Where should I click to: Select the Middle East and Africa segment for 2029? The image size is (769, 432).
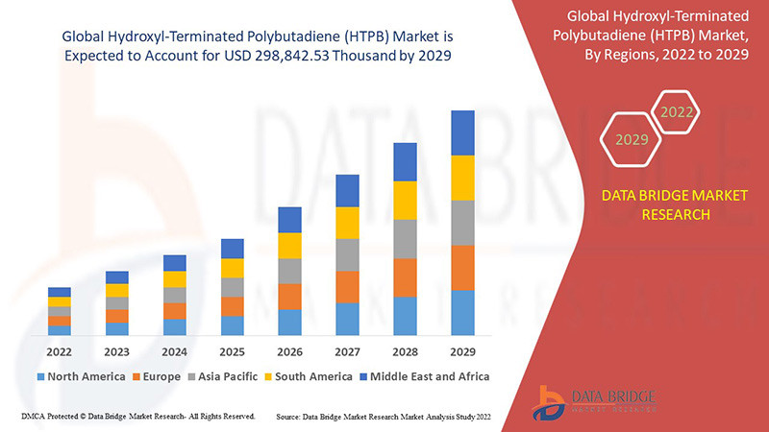[462, 132]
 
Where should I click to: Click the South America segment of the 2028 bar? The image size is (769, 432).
[405, 200]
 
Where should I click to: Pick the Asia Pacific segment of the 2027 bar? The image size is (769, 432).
[347, 254]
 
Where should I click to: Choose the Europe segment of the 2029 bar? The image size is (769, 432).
[462, 268]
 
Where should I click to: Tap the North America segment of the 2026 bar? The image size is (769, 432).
[289, 322]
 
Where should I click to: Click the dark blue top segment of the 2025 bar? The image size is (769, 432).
[232, 249]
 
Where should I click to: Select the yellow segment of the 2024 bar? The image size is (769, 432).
[174, 279]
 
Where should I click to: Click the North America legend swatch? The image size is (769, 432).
[41, 376]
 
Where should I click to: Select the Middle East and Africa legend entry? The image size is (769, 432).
[422, 376]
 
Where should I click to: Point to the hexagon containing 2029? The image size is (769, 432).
[632, 140]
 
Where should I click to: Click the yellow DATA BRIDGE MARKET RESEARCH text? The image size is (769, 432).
[660, 205]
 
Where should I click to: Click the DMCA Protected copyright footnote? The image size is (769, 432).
[137, 418]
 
